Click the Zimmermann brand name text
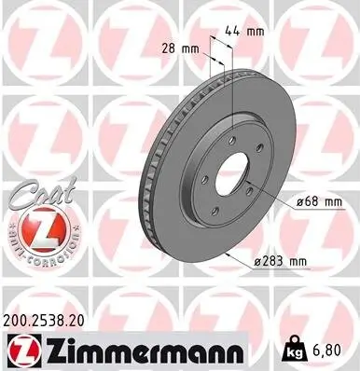click(x=142, y=350)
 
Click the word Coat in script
click(x=29, y=193)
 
